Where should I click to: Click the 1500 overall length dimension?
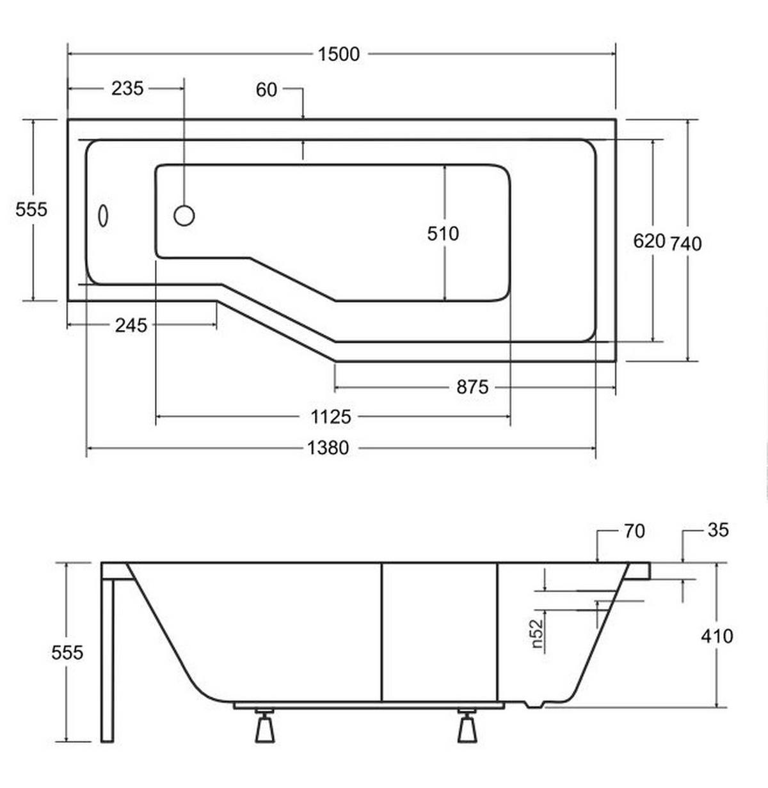pyautogui.click(x=339, y=54)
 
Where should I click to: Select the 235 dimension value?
pyautogui.click(x=127, y=88)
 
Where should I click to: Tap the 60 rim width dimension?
pyautogui.click(x=266, y=90)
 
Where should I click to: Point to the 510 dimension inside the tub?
pyautogui.click(x=443, y=233)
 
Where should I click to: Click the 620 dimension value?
pyautogui.click(x=649, y=241)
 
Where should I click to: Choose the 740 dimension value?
pyautogui.click(x=685, y=243)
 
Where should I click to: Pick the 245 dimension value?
pyautogui.click(x=131, y=325)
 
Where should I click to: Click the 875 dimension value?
pyautogui.click(x=472, y=387)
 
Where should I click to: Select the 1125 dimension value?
pyautogui.click(x=331, y=416)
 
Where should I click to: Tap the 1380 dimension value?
pyautogui.click(x=328, y=448)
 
